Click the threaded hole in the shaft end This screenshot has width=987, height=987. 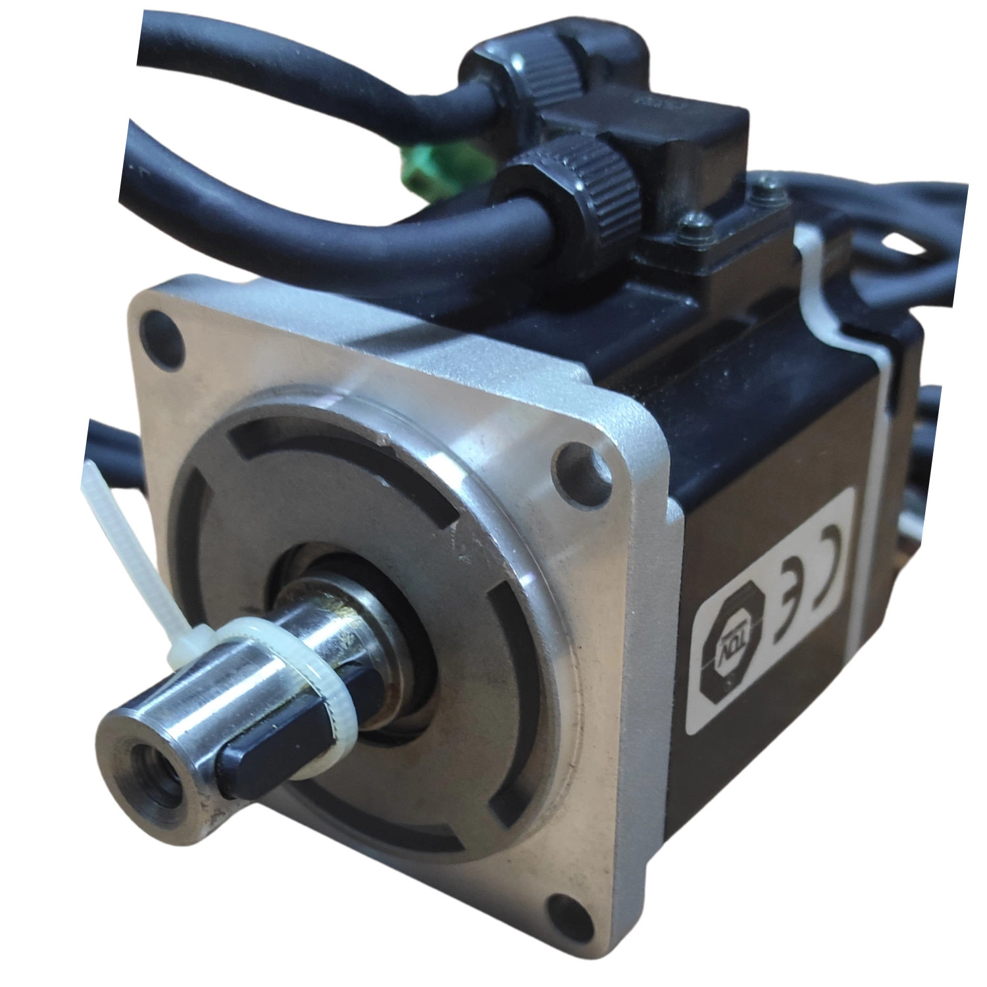tap(150, 768)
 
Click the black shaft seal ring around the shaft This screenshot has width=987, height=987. tap(401, 612)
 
